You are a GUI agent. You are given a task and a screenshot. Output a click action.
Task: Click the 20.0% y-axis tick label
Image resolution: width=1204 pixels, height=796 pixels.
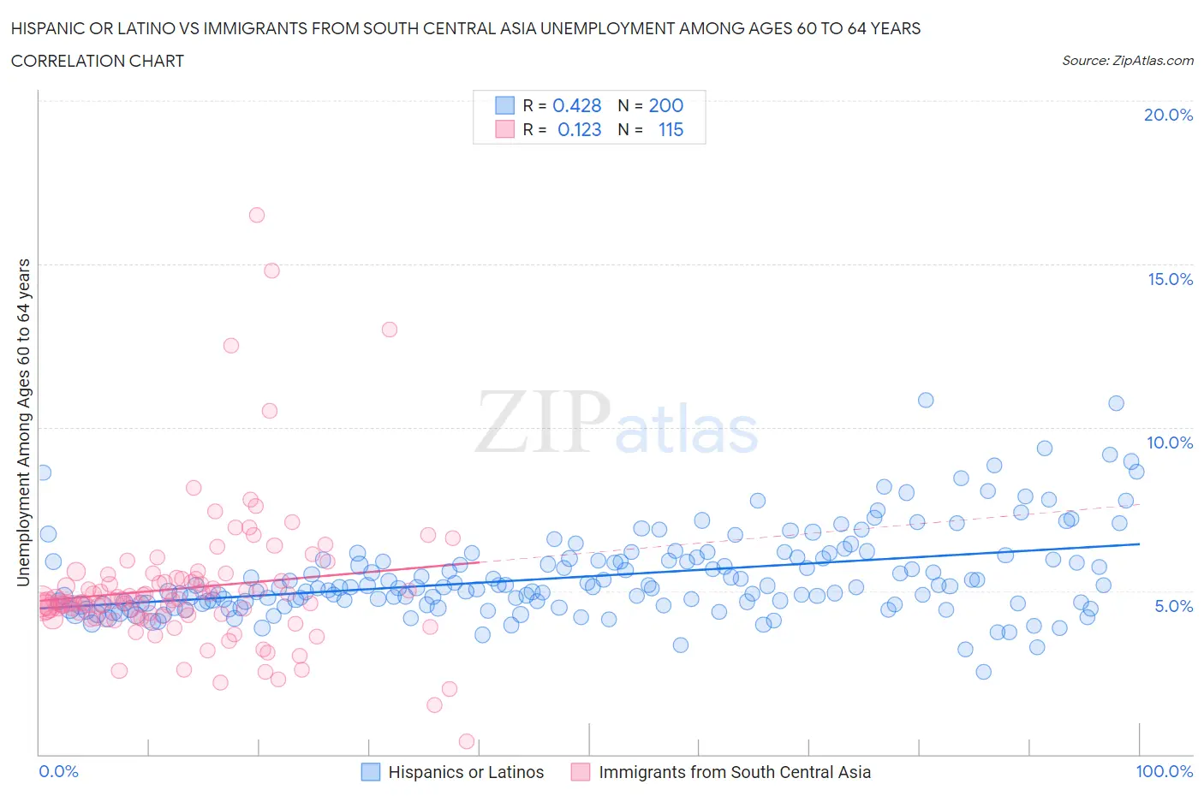pos(1168,115)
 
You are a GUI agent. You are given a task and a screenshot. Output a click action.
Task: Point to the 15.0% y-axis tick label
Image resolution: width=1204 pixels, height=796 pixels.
pos(1170,279)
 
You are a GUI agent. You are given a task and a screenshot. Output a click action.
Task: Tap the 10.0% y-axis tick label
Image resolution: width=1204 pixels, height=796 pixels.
pos(1170,443)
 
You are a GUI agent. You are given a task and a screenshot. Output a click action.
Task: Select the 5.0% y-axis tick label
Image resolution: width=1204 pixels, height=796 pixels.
pos(1173,606)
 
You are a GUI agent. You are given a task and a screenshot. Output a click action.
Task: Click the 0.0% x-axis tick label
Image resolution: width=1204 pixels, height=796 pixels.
pos(58,771)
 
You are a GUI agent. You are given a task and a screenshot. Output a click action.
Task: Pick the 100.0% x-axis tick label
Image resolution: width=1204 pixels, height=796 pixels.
pos(1164,771)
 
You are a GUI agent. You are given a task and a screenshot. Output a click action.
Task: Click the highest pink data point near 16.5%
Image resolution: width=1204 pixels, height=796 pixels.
pos(257,215)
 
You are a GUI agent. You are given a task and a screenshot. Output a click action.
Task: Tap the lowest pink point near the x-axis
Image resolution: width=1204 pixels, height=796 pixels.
pos(467,741)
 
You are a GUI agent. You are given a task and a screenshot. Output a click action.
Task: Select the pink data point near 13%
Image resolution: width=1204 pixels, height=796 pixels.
pos(390,330)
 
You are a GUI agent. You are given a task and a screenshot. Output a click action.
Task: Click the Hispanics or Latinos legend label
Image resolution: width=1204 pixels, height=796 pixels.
pos(466,772)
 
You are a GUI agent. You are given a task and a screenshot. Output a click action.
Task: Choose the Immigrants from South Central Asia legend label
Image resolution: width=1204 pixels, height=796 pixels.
pos(735,772)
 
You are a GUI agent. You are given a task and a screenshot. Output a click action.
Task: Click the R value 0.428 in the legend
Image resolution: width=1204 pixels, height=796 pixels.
pos(577,105)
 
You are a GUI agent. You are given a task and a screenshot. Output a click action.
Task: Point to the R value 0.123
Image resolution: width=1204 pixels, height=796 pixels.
pos(580,129)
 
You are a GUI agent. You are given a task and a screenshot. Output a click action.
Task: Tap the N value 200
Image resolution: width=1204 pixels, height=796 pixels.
pos(665,105)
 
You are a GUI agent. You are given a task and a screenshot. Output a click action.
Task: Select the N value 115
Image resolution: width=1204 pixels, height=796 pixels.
pos(671,129)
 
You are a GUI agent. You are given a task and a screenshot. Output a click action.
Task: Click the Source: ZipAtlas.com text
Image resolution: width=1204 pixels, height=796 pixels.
pos(1127,60)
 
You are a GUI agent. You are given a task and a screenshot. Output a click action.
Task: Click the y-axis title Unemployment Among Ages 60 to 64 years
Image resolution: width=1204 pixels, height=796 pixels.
pos(23,423)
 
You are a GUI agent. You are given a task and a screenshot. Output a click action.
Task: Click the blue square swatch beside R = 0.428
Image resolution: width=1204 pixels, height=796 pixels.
pos(505,105)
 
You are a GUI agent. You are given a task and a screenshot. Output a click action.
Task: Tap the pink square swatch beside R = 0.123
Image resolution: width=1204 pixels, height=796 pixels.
pos(505,129)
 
